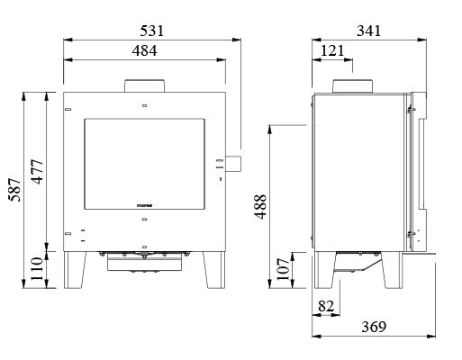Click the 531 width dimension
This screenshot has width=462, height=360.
152,31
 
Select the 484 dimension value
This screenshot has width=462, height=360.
144,50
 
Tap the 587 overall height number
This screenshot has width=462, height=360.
15,190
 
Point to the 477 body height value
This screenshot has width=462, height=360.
38,172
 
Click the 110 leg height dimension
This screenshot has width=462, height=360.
38,268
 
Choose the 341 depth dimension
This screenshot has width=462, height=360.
369,31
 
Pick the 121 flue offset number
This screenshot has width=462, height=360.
332,50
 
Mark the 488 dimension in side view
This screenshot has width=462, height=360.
260,207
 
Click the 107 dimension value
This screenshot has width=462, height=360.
284,269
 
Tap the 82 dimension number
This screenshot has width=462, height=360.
326,306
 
